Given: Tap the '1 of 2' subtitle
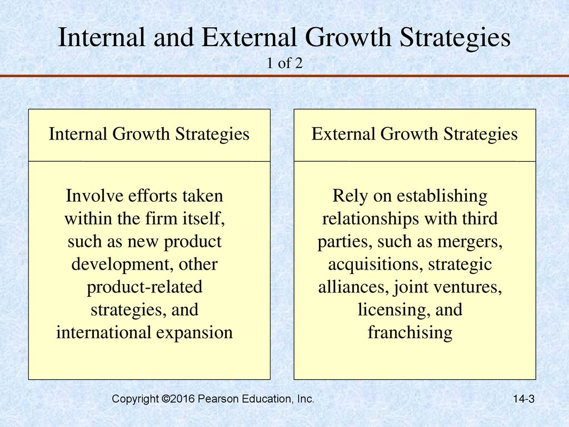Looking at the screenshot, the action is (284, 63).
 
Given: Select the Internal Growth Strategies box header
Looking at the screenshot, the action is (149, 135).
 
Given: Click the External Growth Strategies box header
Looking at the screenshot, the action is (415, 135).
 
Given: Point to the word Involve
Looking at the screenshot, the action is (94, 196).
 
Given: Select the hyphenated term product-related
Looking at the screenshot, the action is (144, 287).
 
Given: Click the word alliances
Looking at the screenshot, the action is (354, 287).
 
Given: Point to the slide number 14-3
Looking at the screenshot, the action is (523, 399).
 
